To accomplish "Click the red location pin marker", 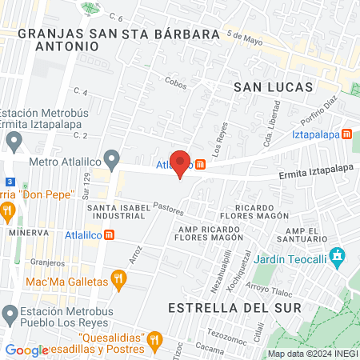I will pyautogui.click(x=181, y=162).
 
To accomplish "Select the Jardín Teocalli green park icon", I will pyautogui.click(x=338, y=256).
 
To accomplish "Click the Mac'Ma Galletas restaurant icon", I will pyautogui.click(x=119, y=280).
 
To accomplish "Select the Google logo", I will pyautogui.click(x=26, y=350).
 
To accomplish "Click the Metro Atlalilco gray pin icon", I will pyautogui.click(x=113, y=158).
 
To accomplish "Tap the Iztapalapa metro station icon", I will pyautogui.click(x=347, y=134).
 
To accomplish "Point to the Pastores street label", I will pyautogui.click(x=170, y=210).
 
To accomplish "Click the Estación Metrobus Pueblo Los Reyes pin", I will pyautogui.click(x=10, y=311).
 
